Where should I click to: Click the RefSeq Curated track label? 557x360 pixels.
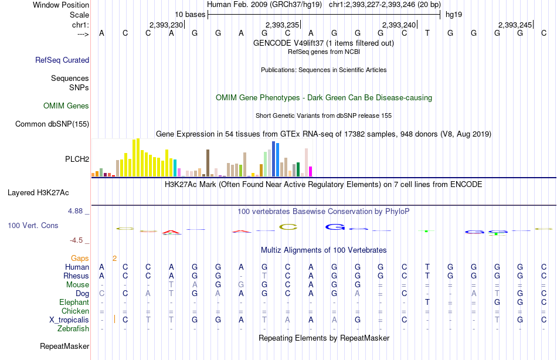pos(62,60)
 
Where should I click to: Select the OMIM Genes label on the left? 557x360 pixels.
pos(66,106)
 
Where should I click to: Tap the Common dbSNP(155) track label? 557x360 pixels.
pos(52,124)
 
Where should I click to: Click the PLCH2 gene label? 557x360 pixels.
pos(77,159)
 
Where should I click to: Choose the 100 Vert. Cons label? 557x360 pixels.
pos(33,225)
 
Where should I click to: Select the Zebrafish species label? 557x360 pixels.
pos(73,328)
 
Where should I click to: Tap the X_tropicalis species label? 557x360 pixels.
pos(69,320)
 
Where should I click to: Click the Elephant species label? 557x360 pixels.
pos(74,302)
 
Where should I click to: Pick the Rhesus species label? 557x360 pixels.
pos(77,276)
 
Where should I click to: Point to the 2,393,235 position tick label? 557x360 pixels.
pos(282,25)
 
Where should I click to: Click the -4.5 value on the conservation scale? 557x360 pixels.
pos(77,240)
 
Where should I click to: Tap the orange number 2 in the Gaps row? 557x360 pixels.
pos(115,258)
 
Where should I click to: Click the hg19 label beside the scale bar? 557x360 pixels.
pos(453,13)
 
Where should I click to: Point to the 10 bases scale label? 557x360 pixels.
pos(189,13)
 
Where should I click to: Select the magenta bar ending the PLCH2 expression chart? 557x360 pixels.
pos(311,171)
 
